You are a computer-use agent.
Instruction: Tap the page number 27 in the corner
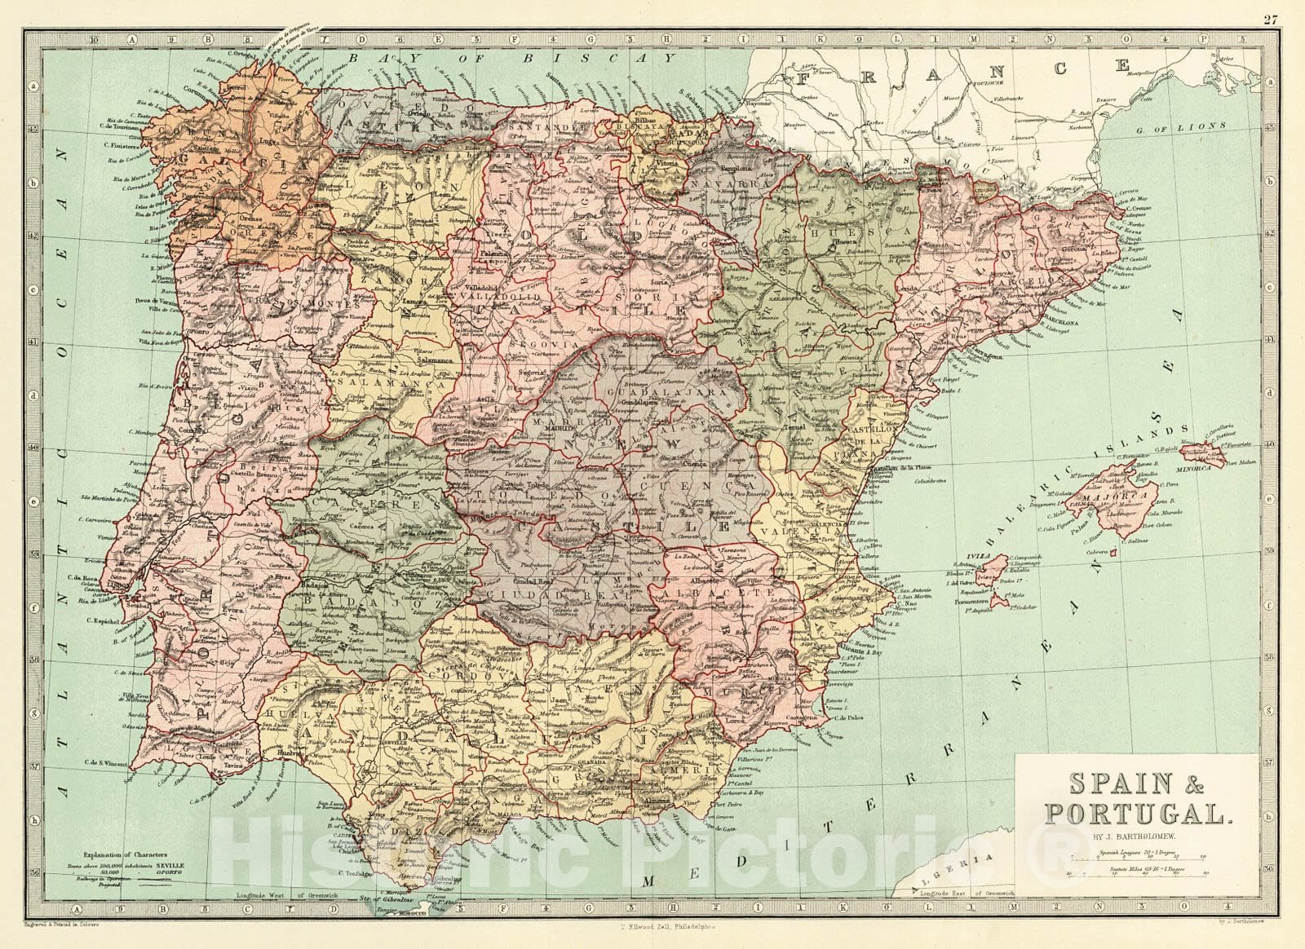point(1271,21)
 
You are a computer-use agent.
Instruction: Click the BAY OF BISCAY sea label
point(512,59)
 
